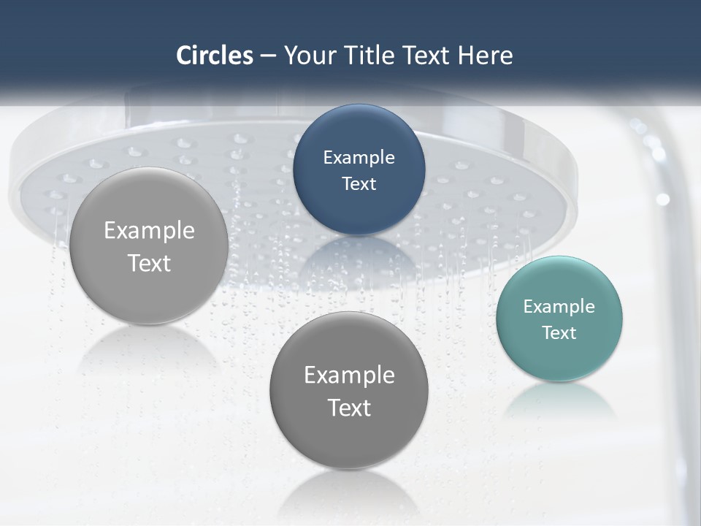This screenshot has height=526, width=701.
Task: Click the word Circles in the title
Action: (215, 56)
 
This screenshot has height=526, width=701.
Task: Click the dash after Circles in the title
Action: (268, 56)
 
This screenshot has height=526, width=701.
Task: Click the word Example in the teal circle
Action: (559, 306)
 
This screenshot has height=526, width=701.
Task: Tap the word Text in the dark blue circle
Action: (359, 183)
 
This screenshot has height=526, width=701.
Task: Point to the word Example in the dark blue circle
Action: (359, 157)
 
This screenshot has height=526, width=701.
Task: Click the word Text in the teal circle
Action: (559, 332)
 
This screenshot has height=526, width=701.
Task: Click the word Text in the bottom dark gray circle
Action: (348, 407)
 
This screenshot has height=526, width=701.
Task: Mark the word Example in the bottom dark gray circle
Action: (348, 375)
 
